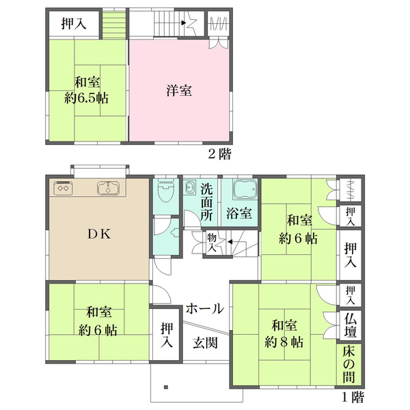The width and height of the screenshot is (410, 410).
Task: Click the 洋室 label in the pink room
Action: (179, 90)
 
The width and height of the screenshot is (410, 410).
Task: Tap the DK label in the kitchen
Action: (99, 234)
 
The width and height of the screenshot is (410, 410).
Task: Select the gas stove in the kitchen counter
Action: (63, 188)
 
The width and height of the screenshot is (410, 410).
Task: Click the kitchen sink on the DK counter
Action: (108, 189)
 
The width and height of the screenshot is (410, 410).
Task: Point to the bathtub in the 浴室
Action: (245, 189)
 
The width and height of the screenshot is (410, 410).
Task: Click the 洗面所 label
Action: (207, 202)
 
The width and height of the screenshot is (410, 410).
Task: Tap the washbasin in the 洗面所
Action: (189, 187)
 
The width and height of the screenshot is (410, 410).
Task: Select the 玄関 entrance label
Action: (205, 343)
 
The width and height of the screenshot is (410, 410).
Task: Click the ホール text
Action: (205, 309)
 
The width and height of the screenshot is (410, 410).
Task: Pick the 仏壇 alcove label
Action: (351, 326)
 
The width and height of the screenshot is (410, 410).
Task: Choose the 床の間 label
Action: (349, 364)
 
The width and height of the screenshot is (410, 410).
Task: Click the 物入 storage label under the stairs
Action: (212, 243)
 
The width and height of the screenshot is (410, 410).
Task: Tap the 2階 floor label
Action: (219, 154)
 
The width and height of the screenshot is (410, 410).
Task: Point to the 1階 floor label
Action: (353, 398)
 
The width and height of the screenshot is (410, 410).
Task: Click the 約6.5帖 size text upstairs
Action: (87, 98)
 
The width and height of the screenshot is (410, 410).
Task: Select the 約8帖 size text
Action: (284, 342)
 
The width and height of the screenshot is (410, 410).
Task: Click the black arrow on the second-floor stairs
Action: (184, 23)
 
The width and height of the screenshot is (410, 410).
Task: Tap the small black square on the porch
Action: (166, 387)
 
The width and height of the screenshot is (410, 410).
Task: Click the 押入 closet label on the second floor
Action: (74, 23)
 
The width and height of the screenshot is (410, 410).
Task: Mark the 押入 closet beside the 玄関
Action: (167, 336)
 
